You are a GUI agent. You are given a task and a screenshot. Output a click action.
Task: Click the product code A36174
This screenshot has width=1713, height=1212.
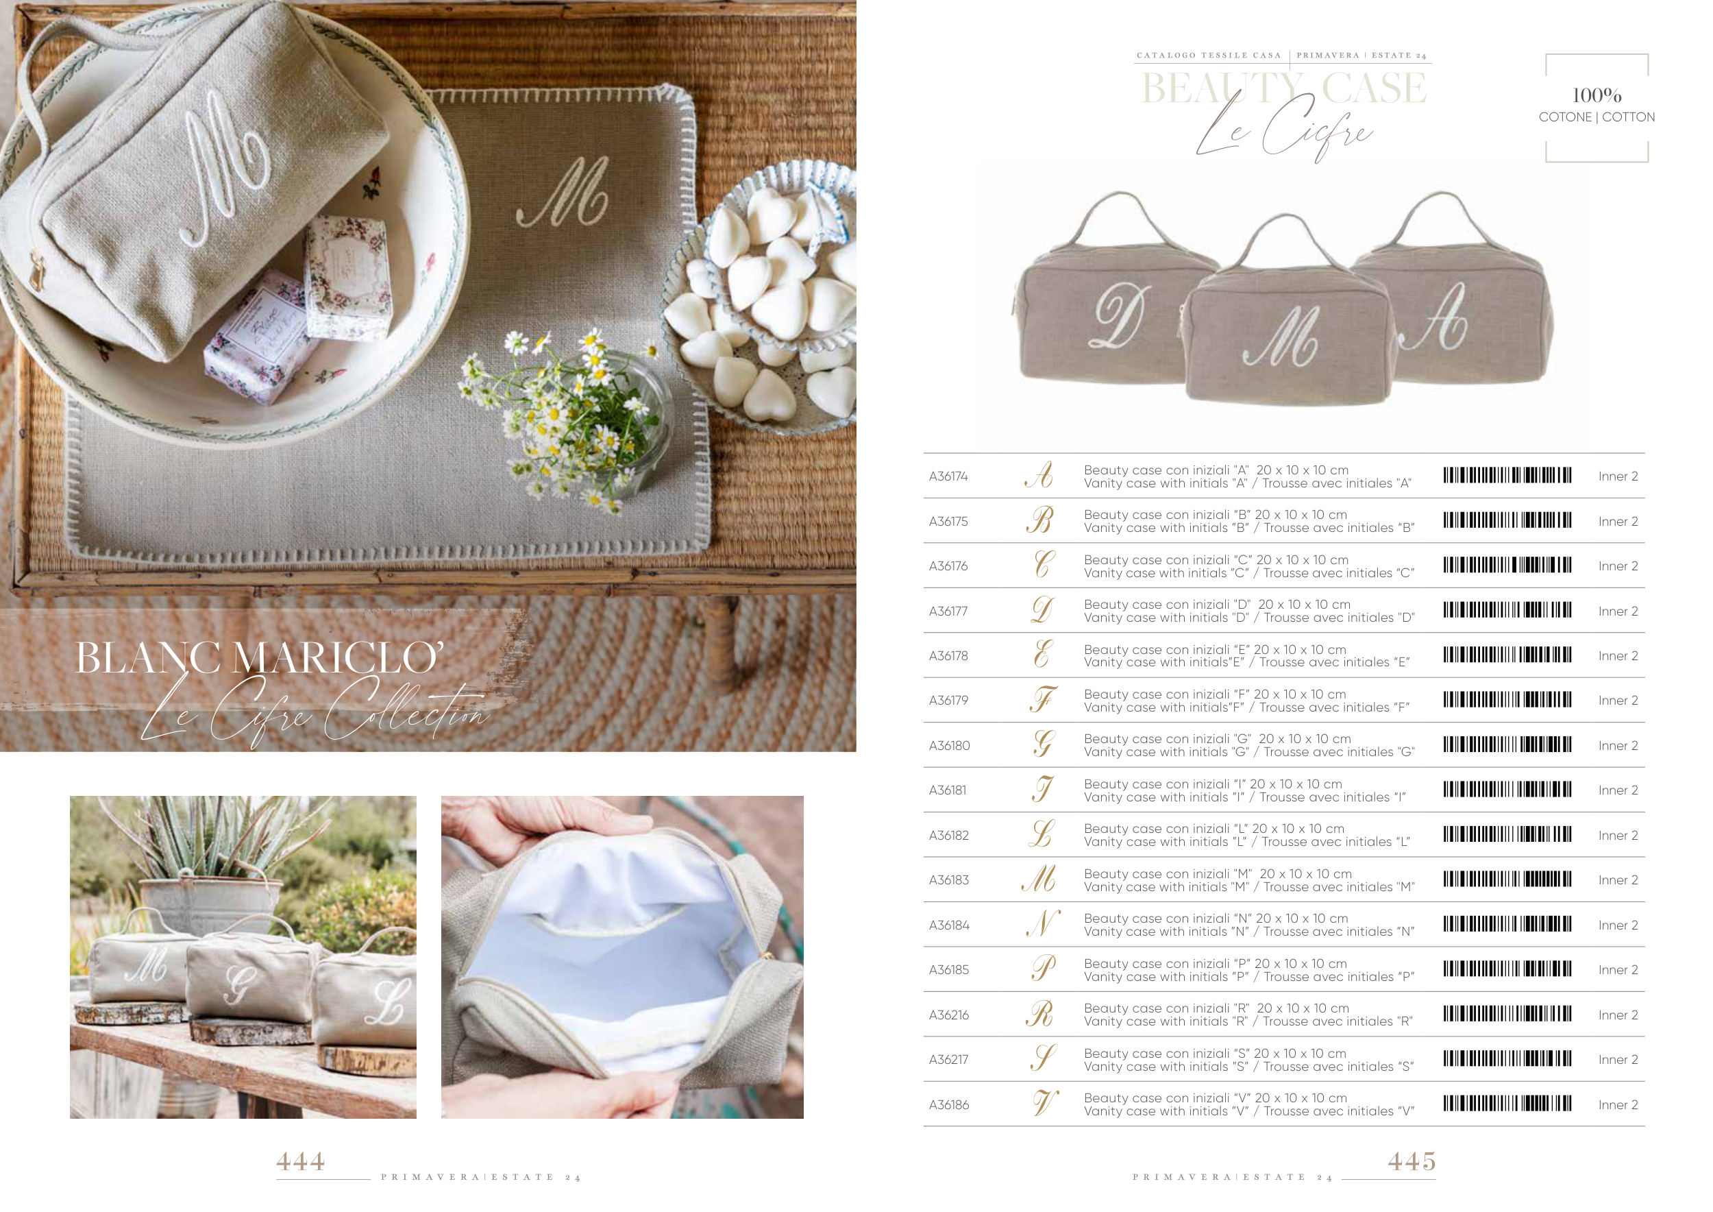[948, 476]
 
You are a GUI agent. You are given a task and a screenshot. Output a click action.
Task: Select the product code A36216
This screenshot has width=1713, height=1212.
[948, 1015]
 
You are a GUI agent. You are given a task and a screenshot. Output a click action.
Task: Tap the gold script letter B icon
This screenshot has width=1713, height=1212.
[1040, 520]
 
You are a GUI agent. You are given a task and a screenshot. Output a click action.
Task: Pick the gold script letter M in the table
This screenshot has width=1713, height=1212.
[1039, 879]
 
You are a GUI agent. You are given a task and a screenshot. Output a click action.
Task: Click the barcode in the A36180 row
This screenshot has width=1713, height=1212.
[1507, 744]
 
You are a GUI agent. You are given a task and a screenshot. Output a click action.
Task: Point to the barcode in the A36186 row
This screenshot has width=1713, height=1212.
[1507, 1104]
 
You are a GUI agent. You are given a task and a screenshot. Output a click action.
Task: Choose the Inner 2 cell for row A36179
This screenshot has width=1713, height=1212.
[1618, 701]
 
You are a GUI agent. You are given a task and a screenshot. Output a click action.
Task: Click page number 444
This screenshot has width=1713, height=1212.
[301, 1161]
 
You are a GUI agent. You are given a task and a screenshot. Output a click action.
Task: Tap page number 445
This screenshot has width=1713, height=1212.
[1412, 1161]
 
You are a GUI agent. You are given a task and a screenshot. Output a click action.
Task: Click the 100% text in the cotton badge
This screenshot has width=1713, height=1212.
[1597, 95]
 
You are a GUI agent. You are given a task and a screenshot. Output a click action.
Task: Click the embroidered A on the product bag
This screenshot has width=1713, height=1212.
[1436, 318]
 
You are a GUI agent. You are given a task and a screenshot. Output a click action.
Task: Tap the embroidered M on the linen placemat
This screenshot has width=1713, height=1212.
[563, 192]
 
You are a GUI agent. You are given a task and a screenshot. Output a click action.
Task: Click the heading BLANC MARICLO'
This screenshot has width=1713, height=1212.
[260, 657]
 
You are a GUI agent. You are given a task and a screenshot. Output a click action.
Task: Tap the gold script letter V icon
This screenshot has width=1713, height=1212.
[1045, 1103]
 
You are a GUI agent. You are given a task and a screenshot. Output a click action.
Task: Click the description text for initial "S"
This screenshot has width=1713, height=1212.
[1249, 1060]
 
